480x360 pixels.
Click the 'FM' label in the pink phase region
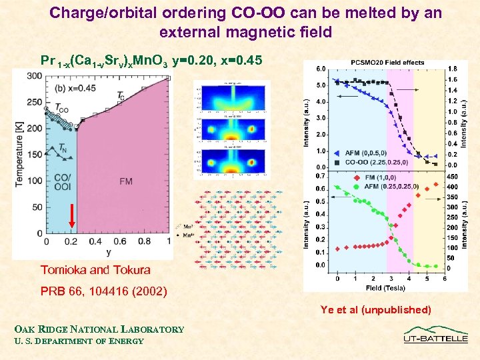[125, 181]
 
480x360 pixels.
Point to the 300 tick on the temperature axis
[33, 77]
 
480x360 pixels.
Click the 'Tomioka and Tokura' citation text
[95, 270]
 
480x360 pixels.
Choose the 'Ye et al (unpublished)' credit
[376, 309]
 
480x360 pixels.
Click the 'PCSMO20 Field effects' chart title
[387, 63]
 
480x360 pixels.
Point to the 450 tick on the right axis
[452, 177]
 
